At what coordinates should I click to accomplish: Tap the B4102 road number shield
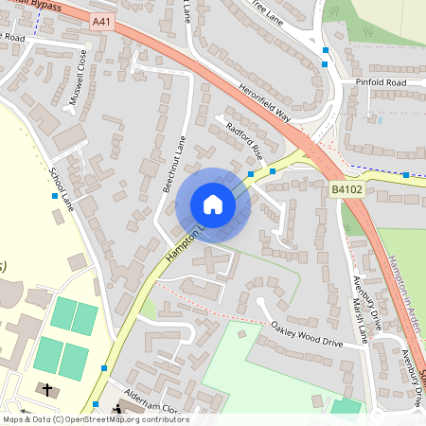346,190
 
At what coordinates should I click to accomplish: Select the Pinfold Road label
381,83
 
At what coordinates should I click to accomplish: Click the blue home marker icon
213,204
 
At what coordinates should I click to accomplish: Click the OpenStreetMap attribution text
95,419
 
